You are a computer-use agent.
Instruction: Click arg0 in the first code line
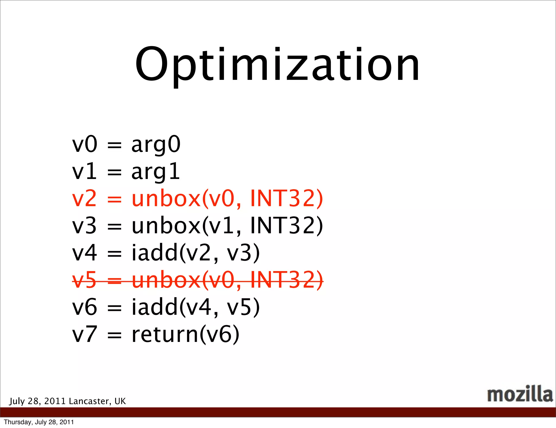[x=156, y=144]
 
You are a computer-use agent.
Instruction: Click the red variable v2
[x=84, y=199]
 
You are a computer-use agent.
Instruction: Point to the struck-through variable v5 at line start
[x=84, y=280]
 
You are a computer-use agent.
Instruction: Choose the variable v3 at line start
[x=84, y=226]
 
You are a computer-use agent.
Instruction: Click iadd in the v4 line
[x=154, y=253]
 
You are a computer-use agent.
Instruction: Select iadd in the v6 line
[x=154, y=307]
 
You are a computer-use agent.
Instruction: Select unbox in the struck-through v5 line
[x=166, y=280]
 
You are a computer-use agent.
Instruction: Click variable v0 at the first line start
[x=84, y=144]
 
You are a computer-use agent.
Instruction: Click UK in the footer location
[x=120, y=401]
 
